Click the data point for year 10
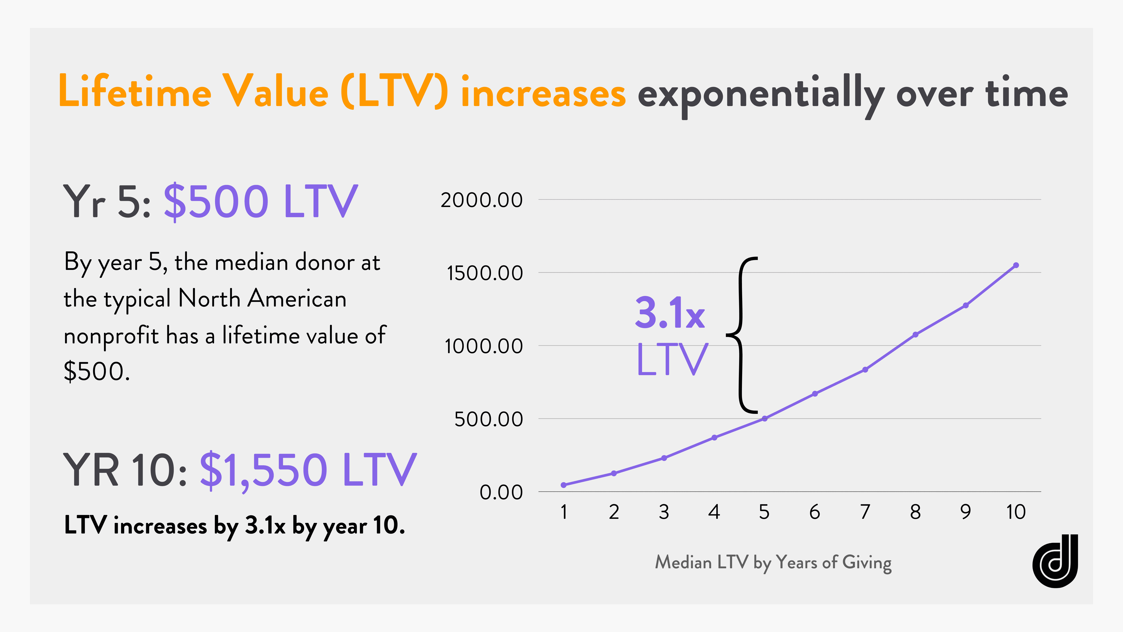(1016, 265)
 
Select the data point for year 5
(764, 419)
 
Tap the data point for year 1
(564, 485)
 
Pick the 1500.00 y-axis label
(484, 274)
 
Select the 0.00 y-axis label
(501, 492)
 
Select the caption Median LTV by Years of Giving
(773, 563)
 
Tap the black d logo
(1055, 561)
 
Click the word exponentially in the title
(761, 94)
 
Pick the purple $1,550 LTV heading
(308, 470)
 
